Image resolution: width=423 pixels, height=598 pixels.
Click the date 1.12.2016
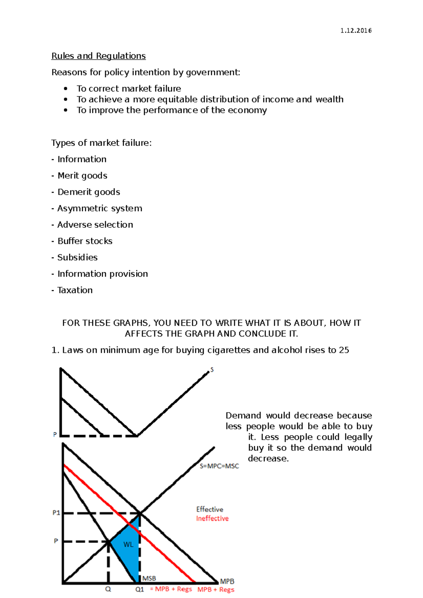pos(356,31)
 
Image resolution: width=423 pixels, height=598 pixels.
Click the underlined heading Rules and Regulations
pos(98,56)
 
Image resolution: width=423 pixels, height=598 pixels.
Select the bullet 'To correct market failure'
pos(129,88)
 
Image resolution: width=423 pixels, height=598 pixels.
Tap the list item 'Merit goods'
pos(82,175)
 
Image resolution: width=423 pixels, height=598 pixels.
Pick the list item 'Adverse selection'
pos(95,225)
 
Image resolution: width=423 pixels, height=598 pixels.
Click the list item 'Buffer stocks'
pos(85,241)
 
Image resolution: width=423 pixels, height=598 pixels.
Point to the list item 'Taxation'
pos(75,290)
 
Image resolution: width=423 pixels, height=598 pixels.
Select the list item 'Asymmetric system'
pos(99,208)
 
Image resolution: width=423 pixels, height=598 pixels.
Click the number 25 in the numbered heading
pos(344,350)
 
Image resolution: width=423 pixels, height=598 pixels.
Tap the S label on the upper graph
pos(212,370)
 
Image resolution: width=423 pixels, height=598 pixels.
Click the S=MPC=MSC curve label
pos(219,466)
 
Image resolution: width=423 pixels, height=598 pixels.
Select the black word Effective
pos(209,509)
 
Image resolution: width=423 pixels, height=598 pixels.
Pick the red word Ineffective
pos(212,518)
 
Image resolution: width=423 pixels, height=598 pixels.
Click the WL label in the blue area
pos(128,544)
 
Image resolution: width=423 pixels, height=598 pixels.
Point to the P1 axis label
pos(56,513)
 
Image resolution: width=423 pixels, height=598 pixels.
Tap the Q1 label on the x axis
pos(140,589)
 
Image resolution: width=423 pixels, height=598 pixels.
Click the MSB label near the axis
pos(149,578)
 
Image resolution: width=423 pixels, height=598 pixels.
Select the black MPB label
pos(227,581)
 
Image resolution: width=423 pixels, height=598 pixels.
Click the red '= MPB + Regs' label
pos(171,589)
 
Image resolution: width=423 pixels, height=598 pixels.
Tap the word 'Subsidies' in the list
pos(77,257)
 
